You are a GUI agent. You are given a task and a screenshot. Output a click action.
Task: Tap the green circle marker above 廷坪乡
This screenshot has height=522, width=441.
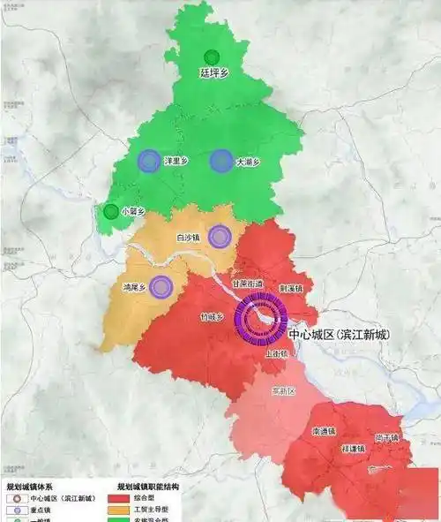pyautogui.click(x=211, y=57)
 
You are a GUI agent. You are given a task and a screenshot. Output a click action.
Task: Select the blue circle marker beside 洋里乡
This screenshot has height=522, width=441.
pyautogui.click(x=149, y=161)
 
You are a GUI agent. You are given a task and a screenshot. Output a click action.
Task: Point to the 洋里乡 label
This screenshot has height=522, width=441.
pyautogui.click(x=176, y=162)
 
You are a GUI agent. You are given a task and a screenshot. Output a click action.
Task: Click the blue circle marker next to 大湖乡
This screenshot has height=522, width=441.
pyautogui.click(x=220, y=161)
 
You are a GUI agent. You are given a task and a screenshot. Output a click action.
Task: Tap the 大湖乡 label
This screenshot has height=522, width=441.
pyautogui.click(x=248, y=163)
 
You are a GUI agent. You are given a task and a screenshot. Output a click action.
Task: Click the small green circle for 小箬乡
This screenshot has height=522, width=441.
pyautogui.click(x=110, y=211)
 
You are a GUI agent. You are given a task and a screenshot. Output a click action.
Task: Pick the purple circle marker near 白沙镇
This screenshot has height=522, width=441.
pyautogui.click(x=220, y=236)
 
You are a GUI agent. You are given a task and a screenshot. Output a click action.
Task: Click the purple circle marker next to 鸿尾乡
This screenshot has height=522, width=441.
pyautogui.click(x=161, y=286)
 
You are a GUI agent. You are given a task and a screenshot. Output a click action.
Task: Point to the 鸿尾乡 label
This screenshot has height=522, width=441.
pyautogui.click(x=134, y=288)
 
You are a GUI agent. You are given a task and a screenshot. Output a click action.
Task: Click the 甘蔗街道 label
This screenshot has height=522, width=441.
pyautogui.click(x=246, y=284)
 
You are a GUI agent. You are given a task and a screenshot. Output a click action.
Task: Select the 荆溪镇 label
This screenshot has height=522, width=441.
pyautogui.click(x=290, y=288)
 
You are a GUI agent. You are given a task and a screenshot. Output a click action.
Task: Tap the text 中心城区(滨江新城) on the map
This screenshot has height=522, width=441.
pyautogui.click(x=340, y=334)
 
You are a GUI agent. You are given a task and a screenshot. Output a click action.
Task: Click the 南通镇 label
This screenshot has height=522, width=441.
pyautogui.click(x=322, y=432)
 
